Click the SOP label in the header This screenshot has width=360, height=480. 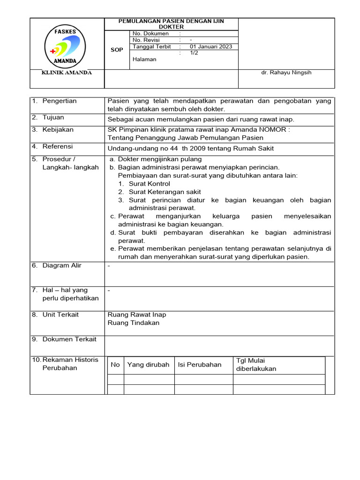117,50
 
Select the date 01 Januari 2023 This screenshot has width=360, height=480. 211,47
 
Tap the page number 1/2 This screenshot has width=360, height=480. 194,53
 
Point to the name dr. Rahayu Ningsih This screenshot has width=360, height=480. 286,73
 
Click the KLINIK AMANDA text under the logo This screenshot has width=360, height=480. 67,73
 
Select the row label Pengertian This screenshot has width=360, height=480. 59,101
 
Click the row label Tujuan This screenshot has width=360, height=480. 53,118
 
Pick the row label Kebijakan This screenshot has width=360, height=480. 58,130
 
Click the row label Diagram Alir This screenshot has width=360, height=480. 61,266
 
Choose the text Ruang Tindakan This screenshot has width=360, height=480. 134,323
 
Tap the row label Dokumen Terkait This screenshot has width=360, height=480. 69,339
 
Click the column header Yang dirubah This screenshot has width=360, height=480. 148,365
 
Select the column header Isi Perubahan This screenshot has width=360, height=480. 199,365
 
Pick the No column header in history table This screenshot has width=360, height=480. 115,365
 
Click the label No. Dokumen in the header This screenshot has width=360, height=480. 150,34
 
